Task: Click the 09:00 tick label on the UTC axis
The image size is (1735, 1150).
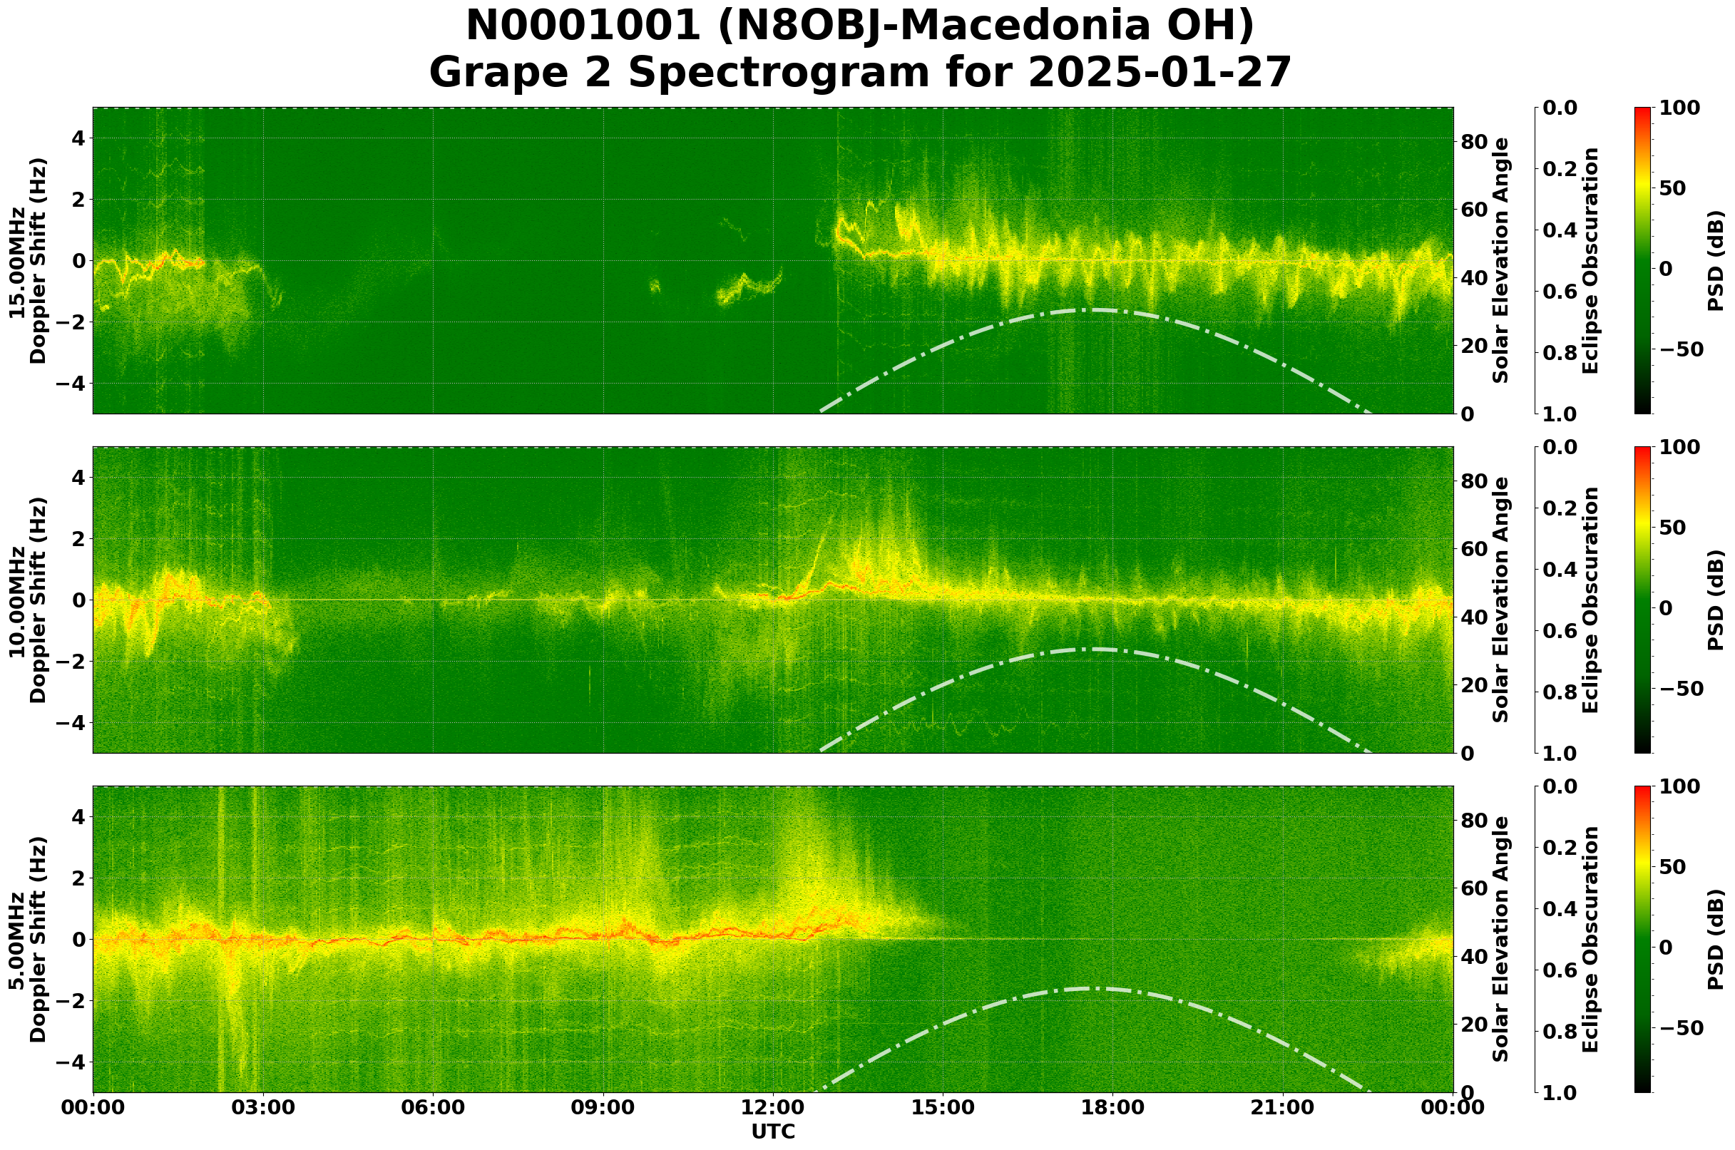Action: [603, 1107]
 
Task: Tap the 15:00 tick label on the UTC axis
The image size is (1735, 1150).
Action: [943, 1107]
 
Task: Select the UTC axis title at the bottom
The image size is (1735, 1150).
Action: [772, 1131]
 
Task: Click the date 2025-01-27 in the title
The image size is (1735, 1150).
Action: [1159, 73]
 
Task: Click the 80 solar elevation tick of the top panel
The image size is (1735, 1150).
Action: [1473, 142]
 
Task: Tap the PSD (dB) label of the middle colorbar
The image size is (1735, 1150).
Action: [1715, 600]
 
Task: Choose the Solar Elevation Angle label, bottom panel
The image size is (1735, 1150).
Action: [1501, 940]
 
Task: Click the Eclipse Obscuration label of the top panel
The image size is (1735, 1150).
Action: [1590, 260]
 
